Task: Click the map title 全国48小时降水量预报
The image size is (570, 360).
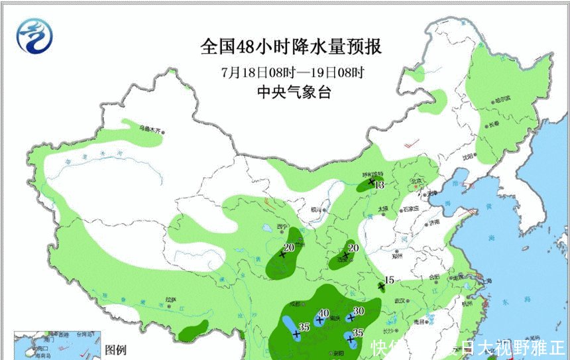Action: click(292, 48)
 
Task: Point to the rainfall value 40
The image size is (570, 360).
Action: click(324, 314)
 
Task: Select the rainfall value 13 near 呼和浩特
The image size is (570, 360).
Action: click(380, 186)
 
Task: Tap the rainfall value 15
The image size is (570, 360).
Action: click(389, 280)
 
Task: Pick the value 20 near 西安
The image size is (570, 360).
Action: click(353, 248)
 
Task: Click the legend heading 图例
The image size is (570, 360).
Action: click(116, 349)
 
